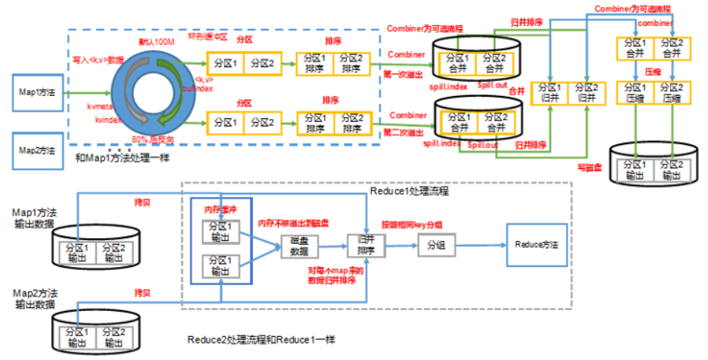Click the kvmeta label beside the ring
99,108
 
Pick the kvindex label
109,119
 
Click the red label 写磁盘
589,168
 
